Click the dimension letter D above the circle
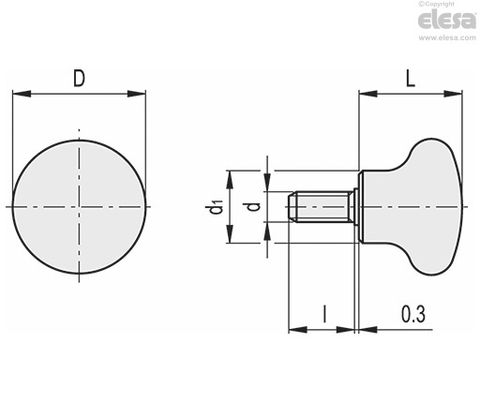click(x=79, y=78)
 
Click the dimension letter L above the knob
click(x=410, y=78)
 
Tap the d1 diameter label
click(x=216, y=206)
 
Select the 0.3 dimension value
click(x=413, y=314)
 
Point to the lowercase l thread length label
click(x=325, y=314)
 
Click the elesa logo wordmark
click(x=447, y=21)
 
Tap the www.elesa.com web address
click(x=447, y=37)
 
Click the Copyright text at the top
click(x=437, y=4)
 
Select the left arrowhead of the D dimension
click(x=22, y=94)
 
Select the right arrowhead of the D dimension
click(x=137, y=94)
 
